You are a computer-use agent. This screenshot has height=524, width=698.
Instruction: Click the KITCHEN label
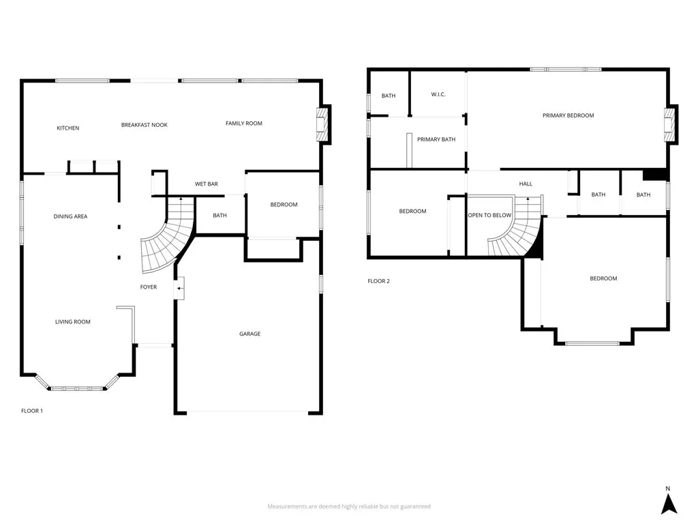tap(67, 128)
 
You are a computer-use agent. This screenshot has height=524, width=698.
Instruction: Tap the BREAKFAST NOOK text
tap(145, 125)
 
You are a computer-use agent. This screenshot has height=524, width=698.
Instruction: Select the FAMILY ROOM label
tap(244, 123)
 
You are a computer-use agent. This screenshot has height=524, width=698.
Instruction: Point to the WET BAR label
tap(206, 184)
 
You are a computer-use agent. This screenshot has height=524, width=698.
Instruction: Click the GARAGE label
tap(249, 334)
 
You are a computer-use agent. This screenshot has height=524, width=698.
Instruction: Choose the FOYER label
tap(149, 287)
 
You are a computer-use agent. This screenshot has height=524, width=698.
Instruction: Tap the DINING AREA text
tap(70, 216)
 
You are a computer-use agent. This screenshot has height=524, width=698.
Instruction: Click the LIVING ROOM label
tap(73, 321)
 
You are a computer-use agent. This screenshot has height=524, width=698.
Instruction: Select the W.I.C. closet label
tap(438, 94)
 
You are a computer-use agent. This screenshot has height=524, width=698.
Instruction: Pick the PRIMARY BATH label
tap(436, 139)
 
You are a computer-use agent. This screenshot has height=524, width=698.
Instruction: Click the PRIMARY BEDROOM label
tap(568, 115)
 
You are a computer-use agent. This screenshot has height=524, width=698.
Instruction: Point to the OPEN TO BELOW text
tap(489, 215)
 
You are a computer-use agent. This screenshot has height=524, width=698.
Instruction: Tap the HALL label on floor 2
tap(526, 184)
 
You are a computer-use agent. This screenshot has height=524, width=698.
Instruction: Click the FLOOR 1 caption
tap(32, 411)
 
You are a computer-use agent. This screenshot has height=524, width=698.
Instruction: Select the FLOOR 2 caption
tap(378, 281)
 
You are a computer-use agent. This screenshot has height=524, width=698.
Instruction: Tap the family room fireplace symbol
tap(323, 124)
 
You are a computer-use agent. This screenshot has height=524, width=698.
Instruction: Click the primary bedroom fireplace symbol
tap(671, 125)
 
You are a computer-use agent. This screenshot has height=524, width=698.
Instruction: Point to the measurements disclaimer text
tap(348, 506)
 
